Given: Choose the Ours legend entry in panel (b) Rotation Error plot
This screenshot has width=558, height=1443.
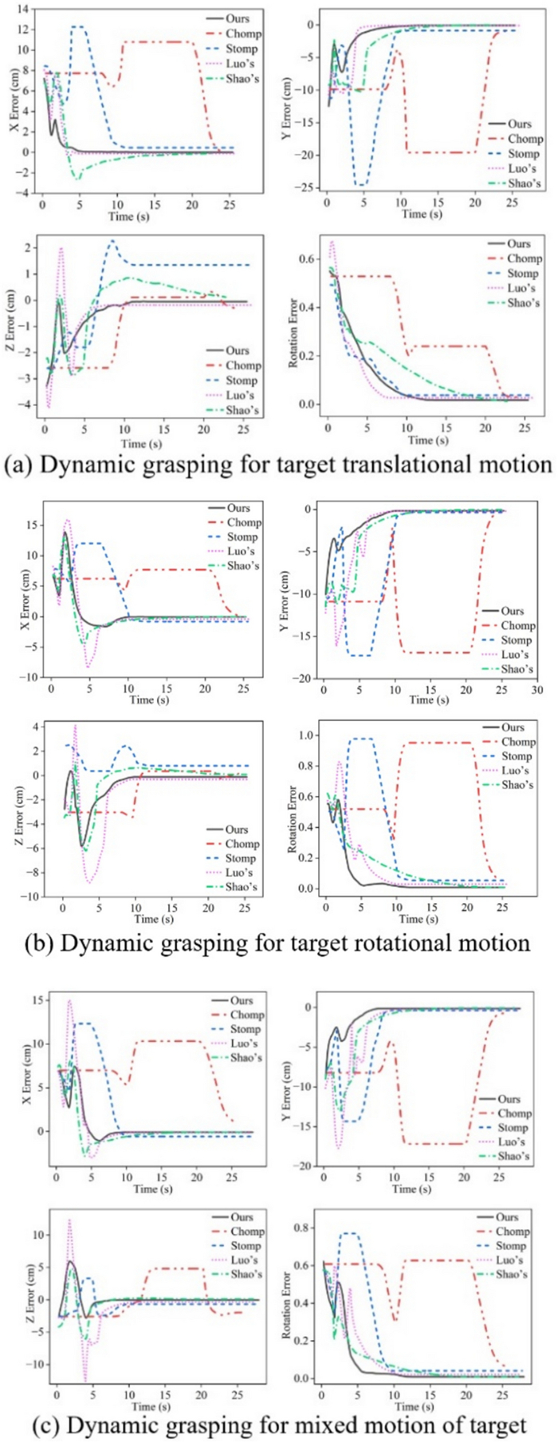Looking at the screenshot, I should click(x=513, y=727).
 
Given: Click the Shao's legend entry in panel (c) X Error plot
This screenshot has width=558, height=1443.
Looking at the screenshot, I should click(x=246, y=1058).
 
